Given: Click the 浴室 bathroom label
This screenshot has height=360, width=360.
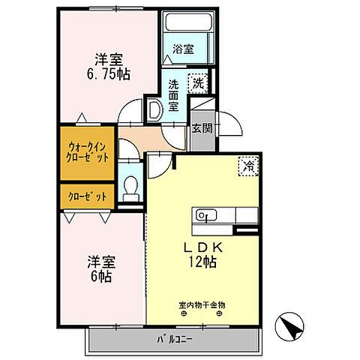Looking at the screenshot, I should point(184,49).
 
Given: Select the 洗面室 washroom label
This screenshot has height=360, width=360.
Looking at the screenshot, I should point(173,94).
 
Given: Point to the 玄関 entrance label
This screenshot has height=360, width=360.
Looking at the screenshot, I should point(200,127).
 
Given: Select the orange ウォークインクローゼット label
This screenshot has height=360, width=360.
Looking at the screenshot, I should point(88,152).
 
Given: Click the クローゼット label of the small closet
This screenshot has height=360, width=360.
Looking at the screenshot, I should point(88,197).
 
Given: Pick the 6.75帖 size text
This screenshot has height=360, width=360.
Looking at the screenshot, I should point(109,73).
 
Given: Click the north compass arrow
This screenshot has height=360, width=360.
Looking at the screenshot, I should point(292,328).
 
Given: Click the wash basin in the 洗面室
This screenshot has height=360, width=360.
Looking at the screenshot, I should point(153,110).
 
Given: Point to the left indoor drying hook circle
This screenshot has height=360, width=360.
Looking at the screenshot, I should point(184,314).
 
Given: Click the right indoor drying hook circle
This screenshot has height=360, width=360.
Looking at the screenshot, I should point(219,314).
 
